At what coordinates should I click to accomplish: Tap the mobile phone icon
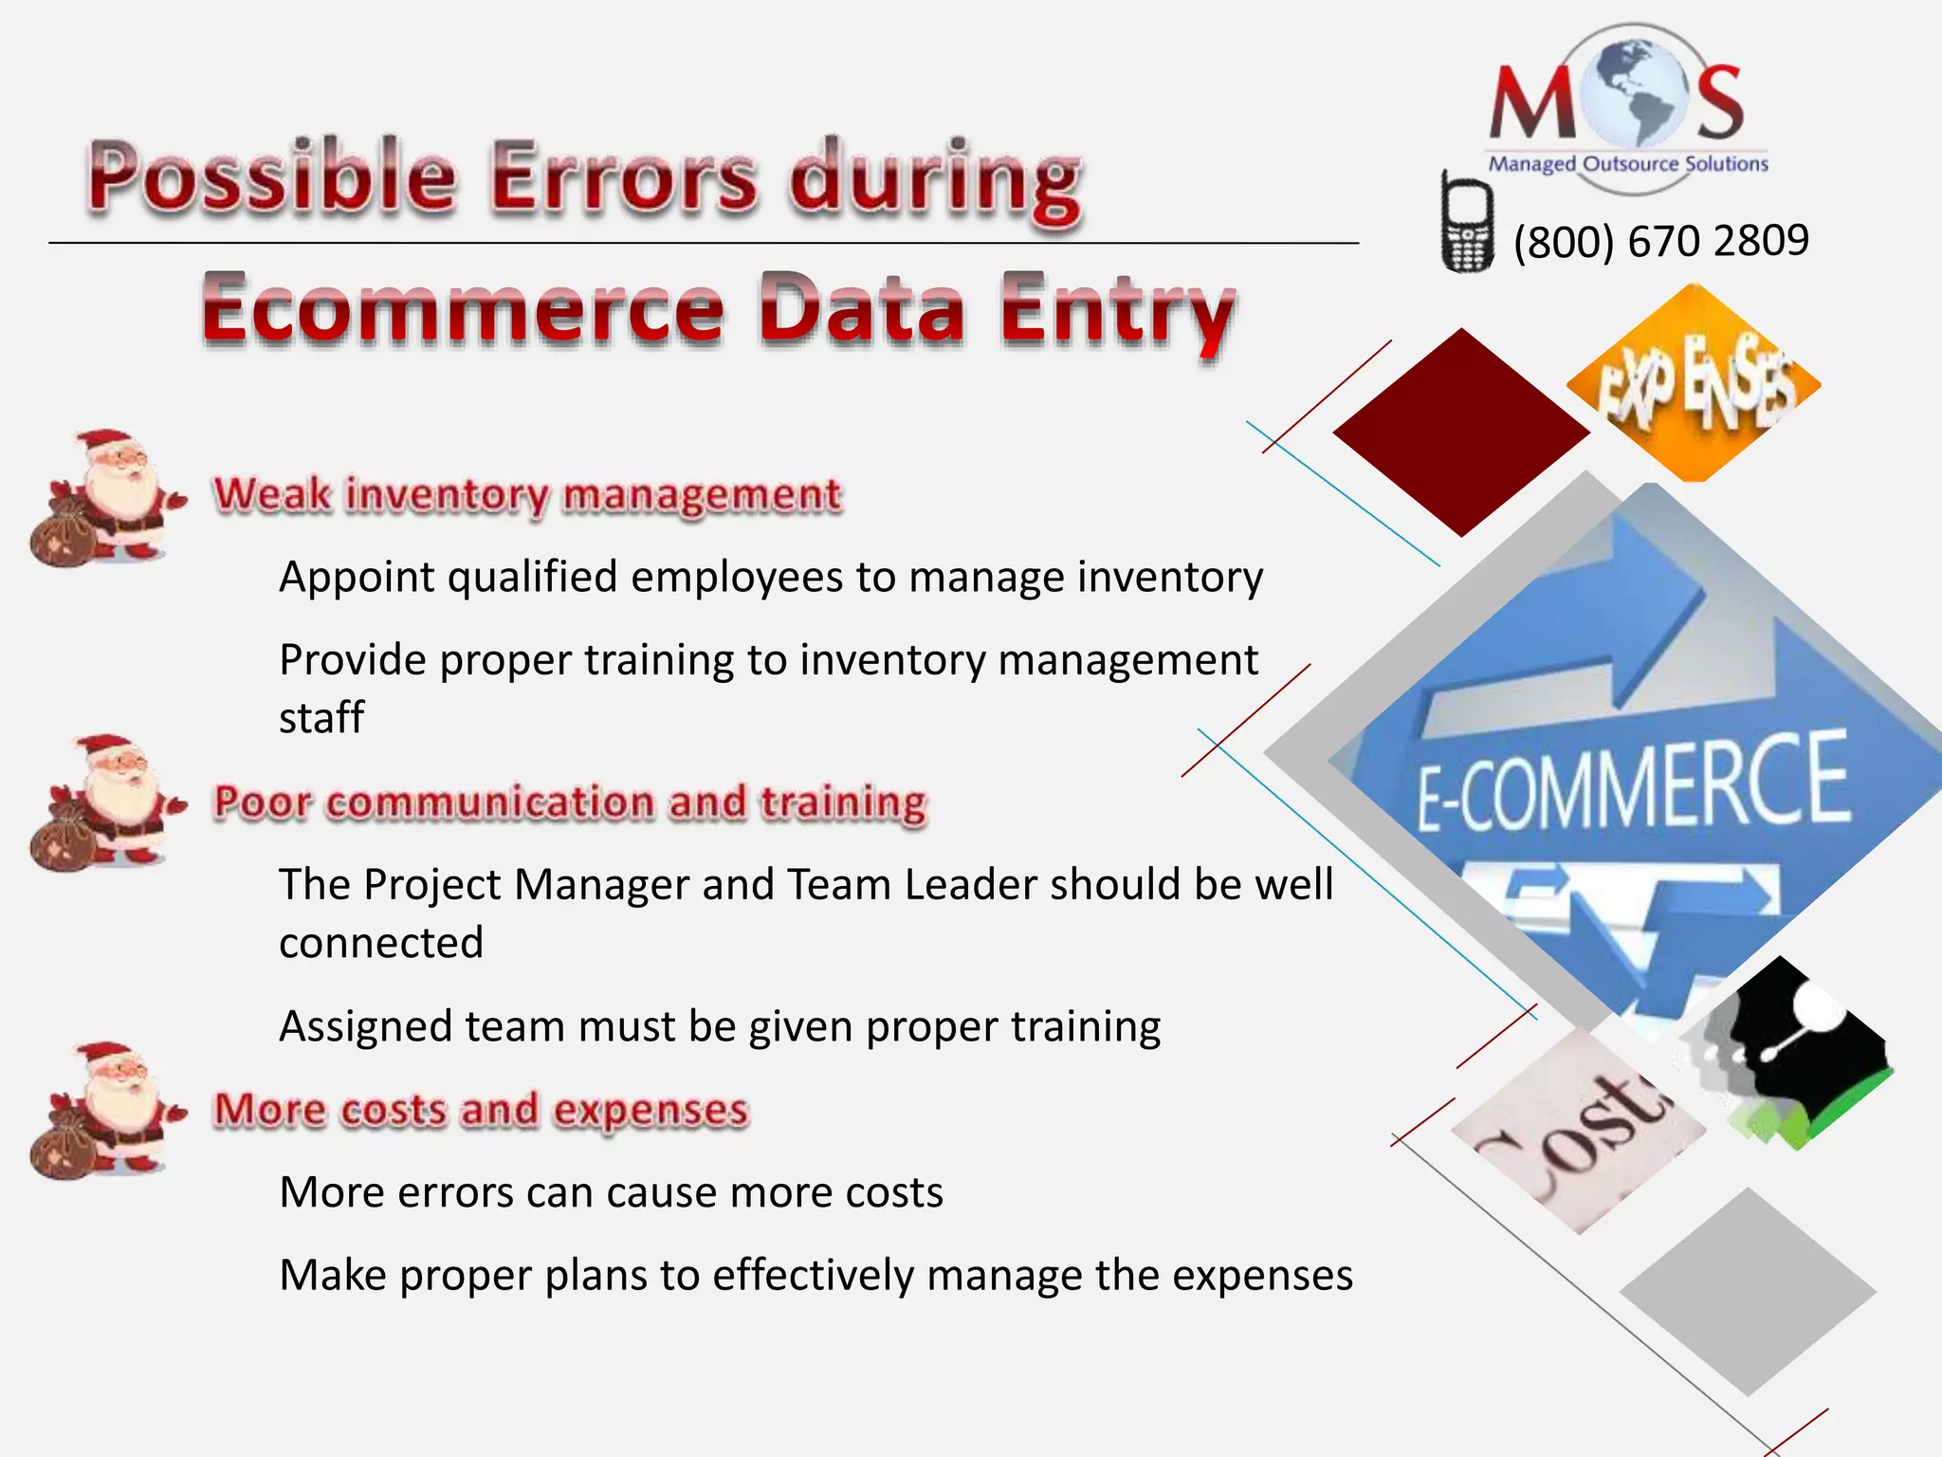point(1466,225)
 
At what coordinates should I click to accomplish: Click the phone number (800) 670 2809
point(1660,241)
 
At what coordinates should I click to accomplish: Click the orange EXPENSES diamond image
point(1695,383)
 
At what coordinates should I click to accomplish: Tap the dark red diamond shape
point(1461,433)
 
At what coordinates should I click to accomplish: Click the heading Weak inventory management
point(527,495)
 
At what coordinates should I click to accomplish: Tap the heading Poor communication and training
point(570,802)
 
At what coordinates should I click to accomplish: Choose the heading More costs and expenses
point(482,1110)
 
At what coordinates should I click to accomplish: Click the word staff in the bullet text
point(321,718)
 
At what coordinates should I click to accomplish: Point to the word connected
point(381,943)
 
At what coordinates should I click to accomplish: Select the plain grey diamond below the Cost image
point(1748,1291)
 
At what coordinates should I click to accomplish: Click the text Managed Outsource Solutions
point(1628,164)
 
